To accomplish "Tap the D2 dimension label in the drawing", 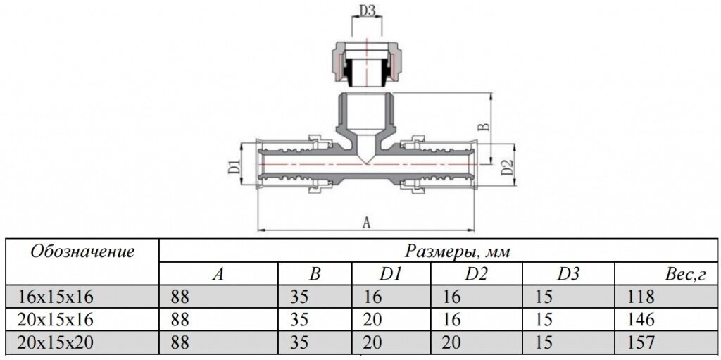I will [505, 168].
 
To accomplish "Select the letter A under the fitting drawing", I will [365, 222].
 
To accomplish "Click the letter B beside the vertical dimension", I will [483, 127].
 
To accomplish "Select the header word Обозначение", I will [83, 251].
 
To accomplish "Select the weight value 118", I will [640, 297].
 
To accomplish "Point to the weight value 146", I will [640, 320].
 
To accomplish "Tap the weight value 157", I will [640, 343].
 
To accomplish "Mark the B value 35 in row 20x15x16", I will [299, 320].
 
